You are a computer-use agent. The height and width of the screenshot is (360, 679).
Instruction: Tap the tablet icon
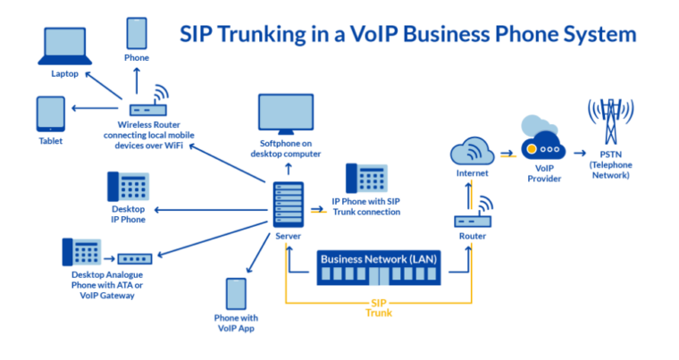50,114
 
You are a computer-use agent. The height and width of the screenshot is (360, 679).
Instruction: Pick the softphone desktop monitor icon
285,113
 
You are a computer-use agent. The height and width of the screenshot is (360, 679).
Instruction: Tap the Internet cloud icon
472,148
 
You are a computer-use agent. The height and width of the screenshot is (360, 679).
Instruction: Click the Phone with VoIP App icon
236,294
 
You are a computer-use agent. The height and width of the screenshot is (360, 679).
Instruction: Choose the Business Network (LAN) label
376,259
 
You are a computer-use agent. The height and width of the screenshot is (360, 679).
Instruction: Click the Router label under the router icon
472,236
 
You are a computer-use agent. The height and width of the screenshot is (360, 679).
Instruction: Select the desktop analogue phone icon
79,254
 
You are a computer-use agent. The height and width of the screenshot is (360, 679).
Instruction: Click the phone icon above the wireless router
137,34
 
